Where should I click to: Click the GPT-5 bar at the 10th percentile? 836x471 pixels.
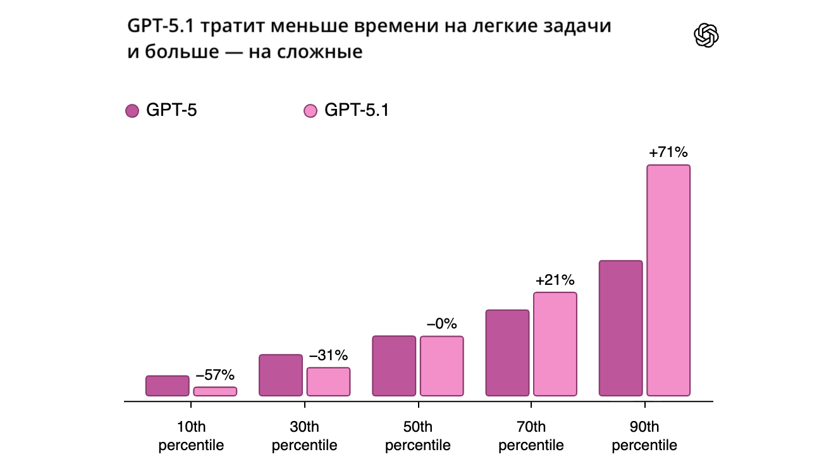click(x=168, y=386)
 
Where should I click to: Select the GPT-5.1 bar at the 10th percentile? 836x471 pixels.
click(x=215, y=391)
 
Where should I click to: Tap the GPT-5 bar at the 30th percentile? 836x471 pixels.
click(x=281, y=375)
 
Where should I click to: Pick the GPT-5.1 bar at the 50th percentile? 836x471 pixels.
click(x=441, y=366)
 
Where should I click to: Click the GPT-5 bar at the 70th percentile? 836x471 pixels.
click(x=507, y=353)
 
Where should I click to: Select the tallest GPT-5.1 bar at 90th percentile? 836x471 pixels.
click(x=668, y=280)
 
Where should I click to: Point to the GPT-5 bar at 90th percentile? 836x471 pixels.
click(x=620, y=328)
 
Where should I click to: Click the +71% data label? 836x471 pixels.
click(x=668, y=153)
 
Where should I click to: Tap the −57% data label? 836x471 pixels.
click(x=215, y=375)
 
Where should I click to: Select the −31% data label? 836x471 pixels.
click(x=328, y=355)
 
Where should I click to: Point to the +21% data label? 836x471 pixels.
click(x=555, y=280)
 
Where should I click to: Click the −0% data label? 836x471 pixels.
click(x=441, y=323)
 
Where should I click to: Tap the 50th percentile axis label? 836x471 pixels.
click(x=418, y=436)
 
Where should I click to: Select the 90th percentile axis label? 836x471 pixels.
click(x=644, y=436)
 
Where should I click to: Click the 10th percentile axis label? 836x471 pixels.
click(x=191, y=436)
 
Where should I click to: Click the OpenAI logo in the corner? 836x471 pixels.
click(x=706, y=35)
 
